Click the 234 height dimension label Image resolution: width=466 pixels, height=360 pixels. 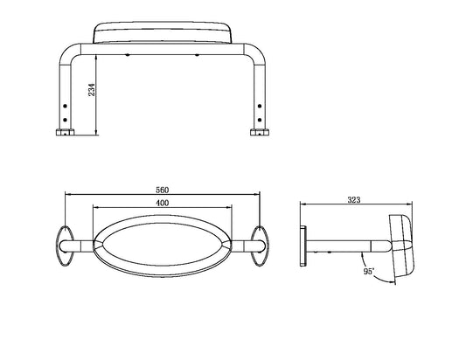[x=92, y=90]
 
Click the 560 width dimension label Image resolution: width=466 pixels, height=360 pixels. [x=163, y=190]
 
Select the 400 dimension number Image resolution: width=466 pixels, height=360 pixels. [x=163, y=203]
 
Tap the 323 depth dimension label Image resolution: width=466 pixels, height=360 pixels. [x=354, y=200]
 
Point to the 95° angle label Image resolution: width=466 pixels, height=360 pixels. [x=369, y=272]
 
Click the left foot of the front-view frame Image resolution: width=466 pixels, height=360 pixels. [x=65, y=132]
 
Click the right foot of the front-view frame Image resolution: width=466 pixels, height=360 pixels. [x=260, y=132]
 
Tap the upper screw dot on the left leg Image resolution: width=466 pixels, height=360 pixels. [x=65, y=106]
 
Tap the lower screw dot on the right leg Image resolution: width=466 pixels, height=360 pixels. [x=260, y=120]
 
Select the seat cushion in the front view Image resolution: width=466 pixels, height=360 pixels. [x=163, y=32]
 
